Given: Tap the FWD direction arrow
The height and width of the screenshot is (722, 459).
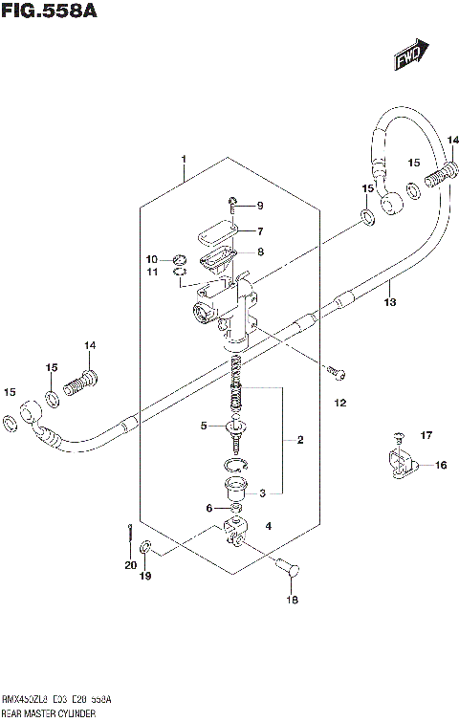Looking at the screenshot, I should (x=408, y=58).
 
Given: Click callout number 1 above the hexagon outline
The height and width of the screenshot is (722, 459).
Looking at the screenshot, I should (x=184, y=159).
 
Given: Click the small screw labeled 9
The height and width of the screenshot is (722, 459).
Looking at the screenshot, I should (x=231, y=204).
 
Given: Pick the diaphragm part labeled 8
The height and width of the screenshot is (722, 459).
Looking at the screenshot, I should (x=218, y=256).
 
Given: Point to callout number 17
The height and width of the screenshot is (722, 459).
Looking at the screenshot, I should (x=426, y=436).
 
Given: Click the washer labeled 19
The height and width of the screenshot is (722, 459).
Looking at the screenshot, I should (x=144, y=548).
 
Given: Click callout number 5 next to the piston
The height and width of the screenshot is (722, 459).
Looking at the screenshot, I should (x=203, y=426).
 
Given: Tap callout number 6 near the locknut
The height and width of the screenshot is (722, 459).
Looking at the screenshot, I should (x=210, y=509).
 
